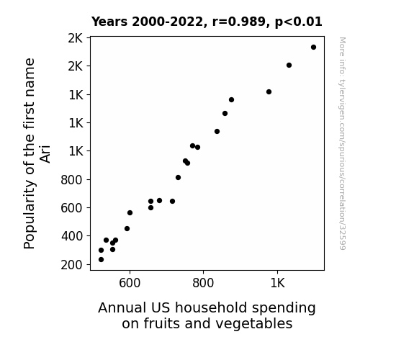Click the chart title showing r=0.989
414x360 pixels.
[x=207, y=22]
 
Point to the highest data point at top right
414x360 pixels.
[x=313, y=48]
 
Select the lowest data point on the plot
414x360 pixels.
[x=101, y=260]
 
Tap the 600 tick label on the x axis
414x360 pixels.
[x=130, y=283]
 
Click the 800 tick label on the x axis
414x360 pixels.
[x=203, y=283]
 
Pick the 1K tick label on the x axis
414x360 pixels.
[x=277, y=283]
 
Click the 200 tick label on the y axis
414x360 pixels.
[x=72, y=265]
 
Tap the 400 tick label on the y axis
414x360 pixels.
[x=72, y=236]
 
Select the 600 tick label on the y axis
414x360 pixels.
[x=72, y=208]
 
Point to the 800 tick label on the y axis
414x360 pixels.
[x=72, y=180]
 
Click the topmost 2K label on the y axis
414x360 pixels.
[x=76, y=39]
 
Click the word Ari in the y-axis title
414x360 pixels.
[x=45, y=153]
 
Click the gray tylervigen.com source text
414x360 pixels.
[x=342, y=143]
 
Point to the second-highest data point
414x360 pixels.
[x=289, y=66]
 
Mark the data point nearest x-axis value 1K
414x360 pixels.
[x=269, y=92]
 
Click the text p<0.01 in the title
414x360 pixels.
[x=299, y=22]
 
